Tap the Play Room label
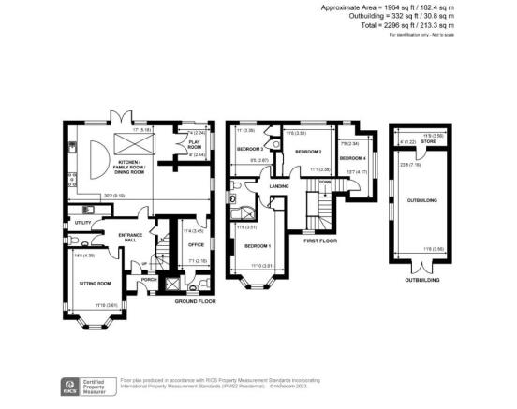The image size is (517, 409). click(195, 146)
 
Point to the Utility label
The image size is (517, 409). click(83, 222)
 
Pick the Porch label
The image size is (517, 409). click(147, 279)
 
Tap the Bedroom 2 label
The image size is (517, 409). click(309, 151)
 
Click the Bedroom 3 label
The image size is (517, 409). click(248, 150)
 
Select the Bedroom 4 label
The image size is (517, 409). click(351, 157)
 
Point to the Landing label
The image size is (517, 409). click(278, 186)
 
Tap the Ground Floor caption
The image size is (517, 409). click(196, 301)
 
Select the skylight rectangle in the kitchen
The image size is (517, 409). click(125, 142)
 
